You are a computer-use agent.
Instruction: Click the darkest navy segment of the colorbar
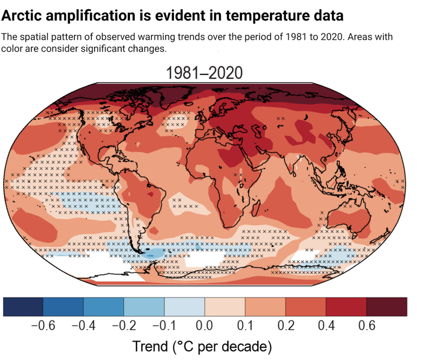pos(23,306)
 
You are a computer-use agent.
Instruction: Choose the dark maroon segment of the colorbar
pos(387,306)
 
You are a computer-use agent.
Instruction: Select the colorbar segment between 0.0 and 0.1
pos(225,306)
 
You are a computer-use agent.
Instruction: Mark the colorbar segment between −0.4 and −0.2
pos(103,306)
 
